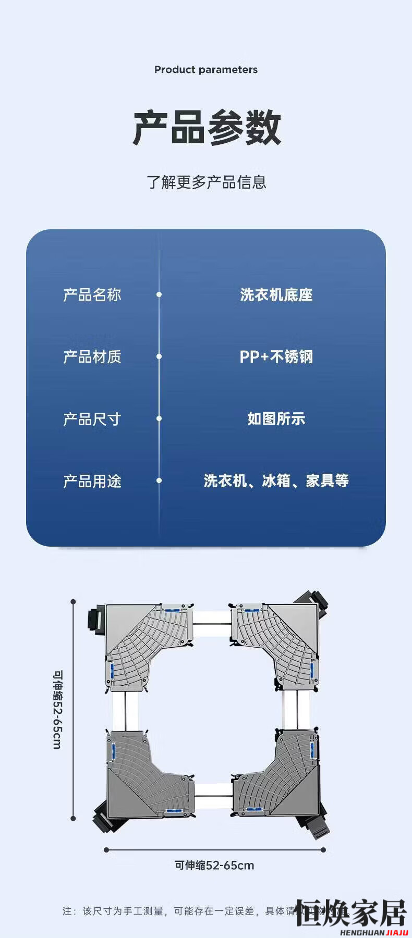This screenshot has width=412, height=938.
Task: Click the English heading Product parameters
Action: pos(206,70)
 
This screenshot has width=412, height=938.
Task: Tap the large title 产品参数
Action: pos(207,128)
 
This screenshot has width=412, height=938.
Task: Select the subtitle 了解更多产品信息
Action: pos(207,182)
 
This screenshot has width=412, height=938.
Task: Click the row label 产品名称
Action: pos(92,295)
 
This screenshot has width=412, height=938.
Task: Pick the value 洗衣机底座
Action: pos(276,295)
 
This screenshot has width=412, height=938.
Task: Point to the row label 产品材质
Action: pos(92,357)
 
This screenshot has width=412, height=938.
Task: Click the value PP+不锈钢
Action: pos(276,357)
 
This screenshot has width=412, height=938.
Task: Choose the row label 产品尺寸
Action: pos(92,419)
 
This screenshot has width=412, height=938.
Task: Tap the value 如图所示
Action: pos(276,419)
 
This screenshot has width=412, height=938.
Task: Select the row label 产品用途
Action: pos(92,481)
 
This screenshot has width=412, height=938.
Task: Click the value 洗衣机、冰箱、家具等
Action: pos(276,481)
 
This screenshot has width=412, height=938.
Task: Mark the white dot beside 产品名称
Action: pos(159,295)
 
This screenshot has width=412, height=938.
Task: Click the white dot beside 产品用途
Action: pos(159,481)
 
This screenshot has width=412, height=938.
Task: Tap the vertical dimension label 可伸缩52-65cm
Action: pos(57,710)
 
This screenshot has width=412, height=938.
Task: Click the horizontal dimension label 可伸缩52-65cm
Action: pos(214,866)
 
